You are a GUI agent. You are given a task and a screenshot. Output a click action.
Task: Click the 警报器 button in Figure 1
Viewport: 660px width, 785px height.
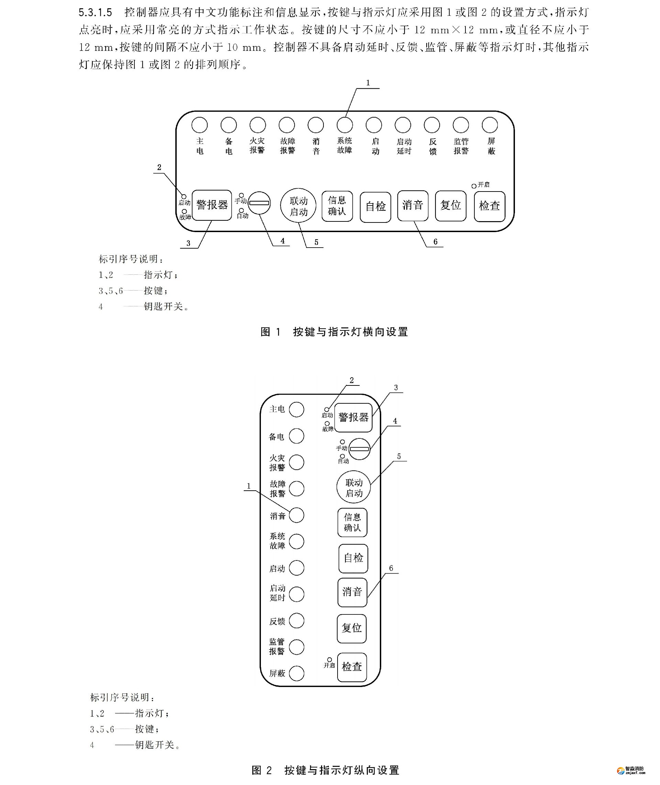click(212, 205)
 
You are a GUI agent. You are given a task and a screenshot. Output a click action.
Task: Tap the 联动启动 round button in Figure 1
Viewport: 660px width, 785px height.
click(298, 206)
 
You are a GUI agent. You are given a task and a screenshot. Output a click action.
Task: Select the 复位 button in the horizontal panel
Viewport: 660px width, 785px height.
click(450, 206)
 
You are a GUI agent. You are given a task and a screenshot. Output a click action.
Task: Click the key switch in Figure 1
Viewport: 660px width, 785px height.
click(259, 203)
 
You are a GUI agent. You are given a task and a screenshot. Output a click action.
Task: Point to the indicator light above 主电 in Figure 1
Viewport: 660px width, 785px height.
click(199, 125)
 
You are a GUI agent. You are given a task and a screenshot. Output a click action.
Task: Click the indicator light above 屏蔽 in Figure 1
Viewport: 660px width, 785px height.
click(490, 125)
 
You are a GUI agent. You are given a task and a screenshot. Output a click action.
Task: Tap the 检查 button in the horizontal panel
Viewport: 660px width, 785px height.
click(489, 207)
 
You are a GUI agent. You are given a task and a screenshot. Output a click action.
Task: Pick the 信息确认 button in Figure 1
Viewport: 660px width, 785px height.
click(337, 206)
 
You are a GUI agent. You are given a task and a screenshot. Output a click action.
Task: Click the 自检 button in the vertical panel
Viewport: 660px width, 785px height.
click(353, 558)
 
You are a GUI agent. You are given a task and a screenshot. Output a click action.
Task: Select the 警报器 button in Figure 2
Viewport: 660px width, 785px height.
click(353, 417)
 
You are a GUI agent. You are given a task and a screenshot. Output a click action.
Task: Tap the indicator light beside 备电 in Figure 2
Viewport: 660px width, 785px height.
click(297, 436)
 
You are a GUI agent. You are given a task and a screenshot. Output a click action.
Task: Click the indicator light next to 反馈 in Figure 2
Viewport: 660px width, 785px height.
click(297, 621)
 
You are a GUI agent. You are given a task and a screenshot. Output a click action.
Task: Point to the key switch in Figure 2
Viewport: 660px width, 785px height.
click(360, 449)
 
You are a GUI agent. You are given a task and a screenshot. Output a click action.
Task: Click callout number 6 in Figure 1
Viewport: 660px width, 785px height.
click(435, 242)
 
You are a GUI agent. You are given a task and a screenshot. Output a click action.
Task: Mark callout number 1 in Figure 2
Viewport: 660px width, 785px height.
click(249, 486)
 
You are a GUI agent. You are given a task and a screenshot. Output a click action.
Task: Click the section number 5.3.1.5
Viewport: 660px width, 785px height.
click(96, 13)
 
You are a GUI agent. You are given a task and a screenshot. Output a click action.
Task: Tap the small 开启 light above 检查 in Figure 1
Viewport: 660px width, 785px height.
click(474, 186)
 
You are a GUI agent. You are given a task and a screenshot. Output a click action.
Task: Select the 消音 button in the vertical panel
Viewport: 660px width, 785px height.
click(352, 592)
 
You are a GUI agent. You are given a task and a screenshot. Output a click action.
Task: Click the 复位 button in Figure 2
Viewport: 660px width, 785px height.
click(352, 628)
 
